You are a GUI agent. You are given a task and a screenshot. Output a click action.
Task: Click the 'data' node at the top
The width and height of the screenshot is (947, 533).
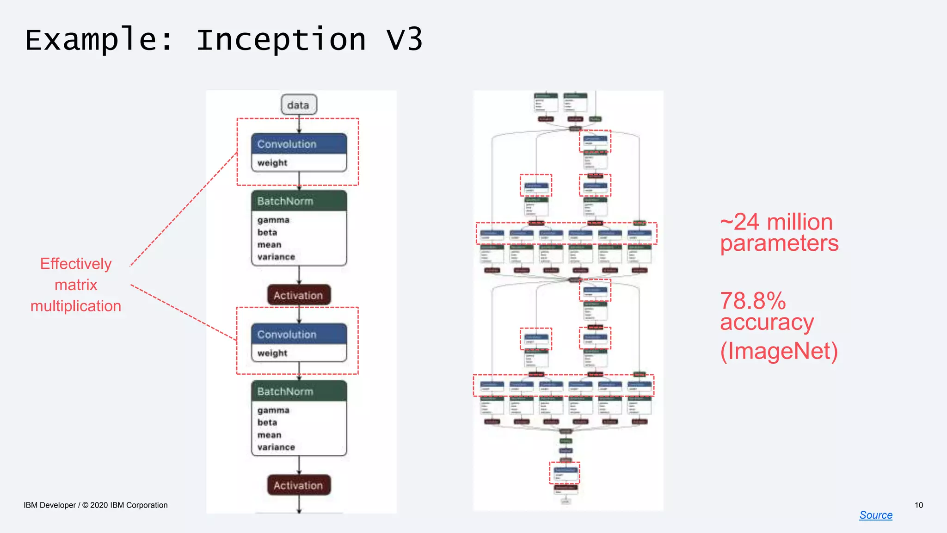point(299,105)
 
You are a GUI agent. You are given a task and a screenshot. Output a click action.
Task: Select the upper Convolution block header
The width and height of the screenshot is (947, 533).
point(299,144)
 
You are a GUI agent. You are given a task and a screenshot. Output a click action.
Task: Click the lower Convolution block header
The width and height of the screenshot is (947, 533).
point(299,334)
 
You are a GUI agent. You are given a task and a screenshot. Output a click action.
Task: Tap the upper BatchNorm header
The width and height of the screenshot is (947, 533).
point(299,201)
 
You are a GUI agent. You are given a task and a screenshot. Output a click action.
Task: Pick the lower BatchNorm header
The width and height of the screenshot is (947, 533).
point(299,391)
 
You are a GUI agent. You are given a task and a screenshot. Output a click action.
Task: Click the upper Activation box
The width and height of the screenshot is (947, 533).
point(299,295)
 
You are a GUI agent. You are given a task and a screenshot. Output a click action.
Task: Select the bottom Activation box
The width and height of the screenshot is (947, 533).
point(299,485)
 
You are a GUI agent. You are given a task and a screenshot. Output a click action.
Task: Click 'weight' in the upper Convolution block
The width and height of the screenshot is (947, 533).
point(272,163)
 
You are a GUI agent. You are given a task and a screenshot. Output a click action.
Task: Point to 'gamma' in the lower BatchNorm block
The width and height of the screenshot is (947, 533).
point(273,410)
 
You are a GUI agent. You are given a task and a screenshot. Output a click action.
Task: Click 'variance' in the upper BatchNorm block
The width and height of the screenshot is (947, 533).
point(276,257)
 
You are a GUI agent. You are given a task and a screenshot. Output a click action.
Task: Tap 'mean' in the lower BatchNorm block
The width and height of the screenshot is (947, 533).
point(269,435)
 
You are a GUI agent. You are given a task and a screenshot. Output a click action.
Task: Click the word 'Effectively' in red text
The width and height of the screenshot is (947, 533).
point(76,264)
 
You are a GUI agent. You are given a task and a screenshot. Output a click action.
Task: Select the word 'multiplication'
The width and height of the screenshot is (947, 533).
point(76,306)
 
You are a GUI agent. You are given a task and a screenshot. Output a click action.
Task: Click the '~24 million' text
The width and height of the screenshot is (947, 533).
point(776,222)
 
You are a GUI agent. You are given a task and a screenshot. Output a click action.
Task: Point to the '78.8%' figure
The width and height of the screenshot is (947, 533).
point(753,301)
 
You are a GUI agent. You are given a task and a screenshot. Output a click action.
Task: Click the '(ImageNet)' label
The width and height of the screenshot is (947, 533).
point(779,351)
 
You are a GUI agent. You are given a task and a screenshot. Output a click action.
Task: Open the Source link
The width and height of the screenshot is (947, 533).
point(876,515)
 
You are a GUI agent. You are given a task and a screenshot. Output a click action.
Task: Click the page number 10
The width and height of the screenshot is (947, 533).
point(919,505)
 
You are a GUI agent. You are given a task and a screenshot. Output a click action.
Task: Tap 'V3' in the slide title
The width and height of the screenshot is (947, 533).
point(404,39)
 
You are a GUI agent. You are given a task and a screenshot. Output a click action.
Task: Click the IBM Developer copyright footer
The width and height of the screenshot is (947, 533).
point(96,505)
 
